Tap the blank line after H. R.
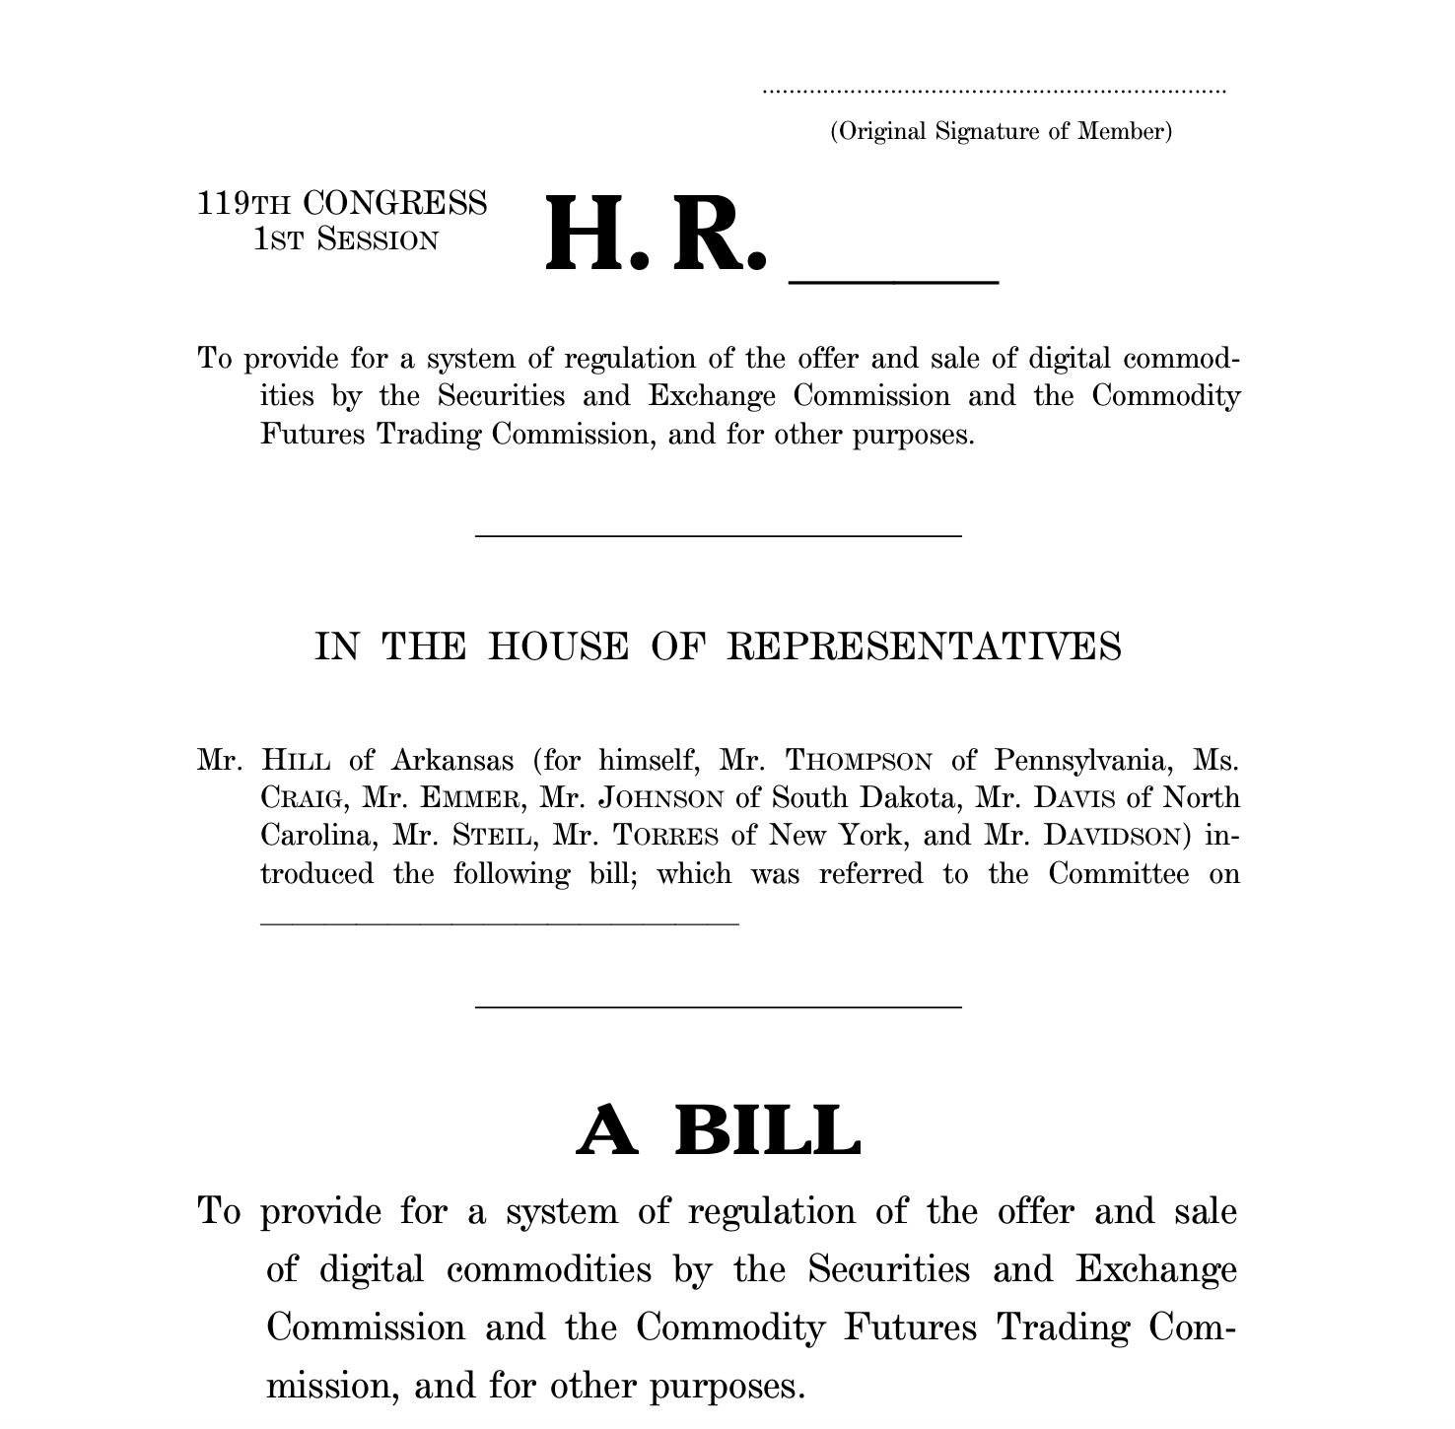[x=893, y=281]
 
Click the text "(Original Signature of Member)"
[x=1001, y=131]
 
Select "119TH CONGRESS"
[x=342, y=203]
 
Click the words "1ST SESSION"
[x=345, y=239]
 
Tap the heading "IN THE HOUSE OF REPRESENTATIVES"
[x=717, y=646]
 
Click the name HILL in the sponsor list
[x=296, y=761]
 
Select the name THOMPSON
[x=859, y=761]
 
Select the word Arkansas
[x=451, y=761]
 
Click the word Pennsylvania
[x=1081, y=761]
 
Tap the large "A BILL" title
[x=718, y=1130]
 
